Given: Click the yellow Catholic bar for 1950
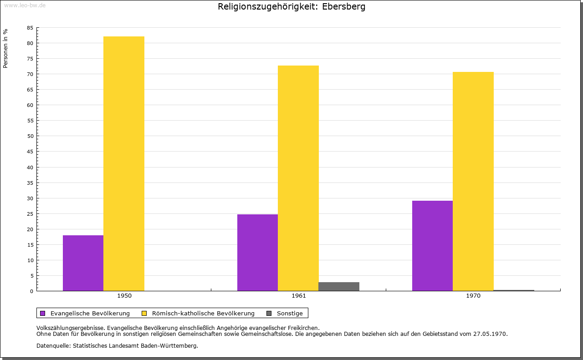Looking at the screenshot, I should [124, 164].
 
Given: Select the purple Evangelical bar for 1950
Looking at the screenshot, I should [83, 263].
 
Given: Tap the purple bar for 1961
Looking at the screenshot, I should [257, 253].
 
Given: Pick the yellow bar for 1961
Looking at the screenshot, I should [298, 178].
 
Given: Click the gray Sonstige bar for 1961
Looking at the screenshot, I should [339, 286].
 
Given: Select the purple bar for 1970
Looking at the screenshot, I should [432, 246].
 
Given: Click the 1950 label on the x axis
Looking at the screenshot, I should [124, 296].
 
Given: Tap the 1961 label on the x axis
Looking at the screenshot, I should [299, 296].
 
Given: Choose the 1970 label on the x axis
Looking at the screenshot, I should [473, 296].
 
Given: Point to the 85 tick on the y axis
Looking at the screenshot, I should [30, 28].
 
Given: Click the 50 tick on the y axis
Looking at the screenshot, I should [30, 136].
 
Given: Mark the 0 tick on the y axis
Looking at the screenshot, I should [32, 291].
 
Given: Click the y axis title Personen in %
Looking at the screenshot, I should [5, 48].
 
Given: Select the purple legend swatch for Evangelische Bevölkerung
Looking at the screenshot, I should [43, 313].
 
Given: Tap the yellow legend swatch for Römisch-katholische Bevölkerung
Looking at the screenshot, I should [144, 313].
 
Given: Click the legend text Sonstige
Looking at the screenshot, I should [290, 313].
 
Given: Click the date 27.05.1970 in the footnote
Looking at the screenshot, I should [488, 334].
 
